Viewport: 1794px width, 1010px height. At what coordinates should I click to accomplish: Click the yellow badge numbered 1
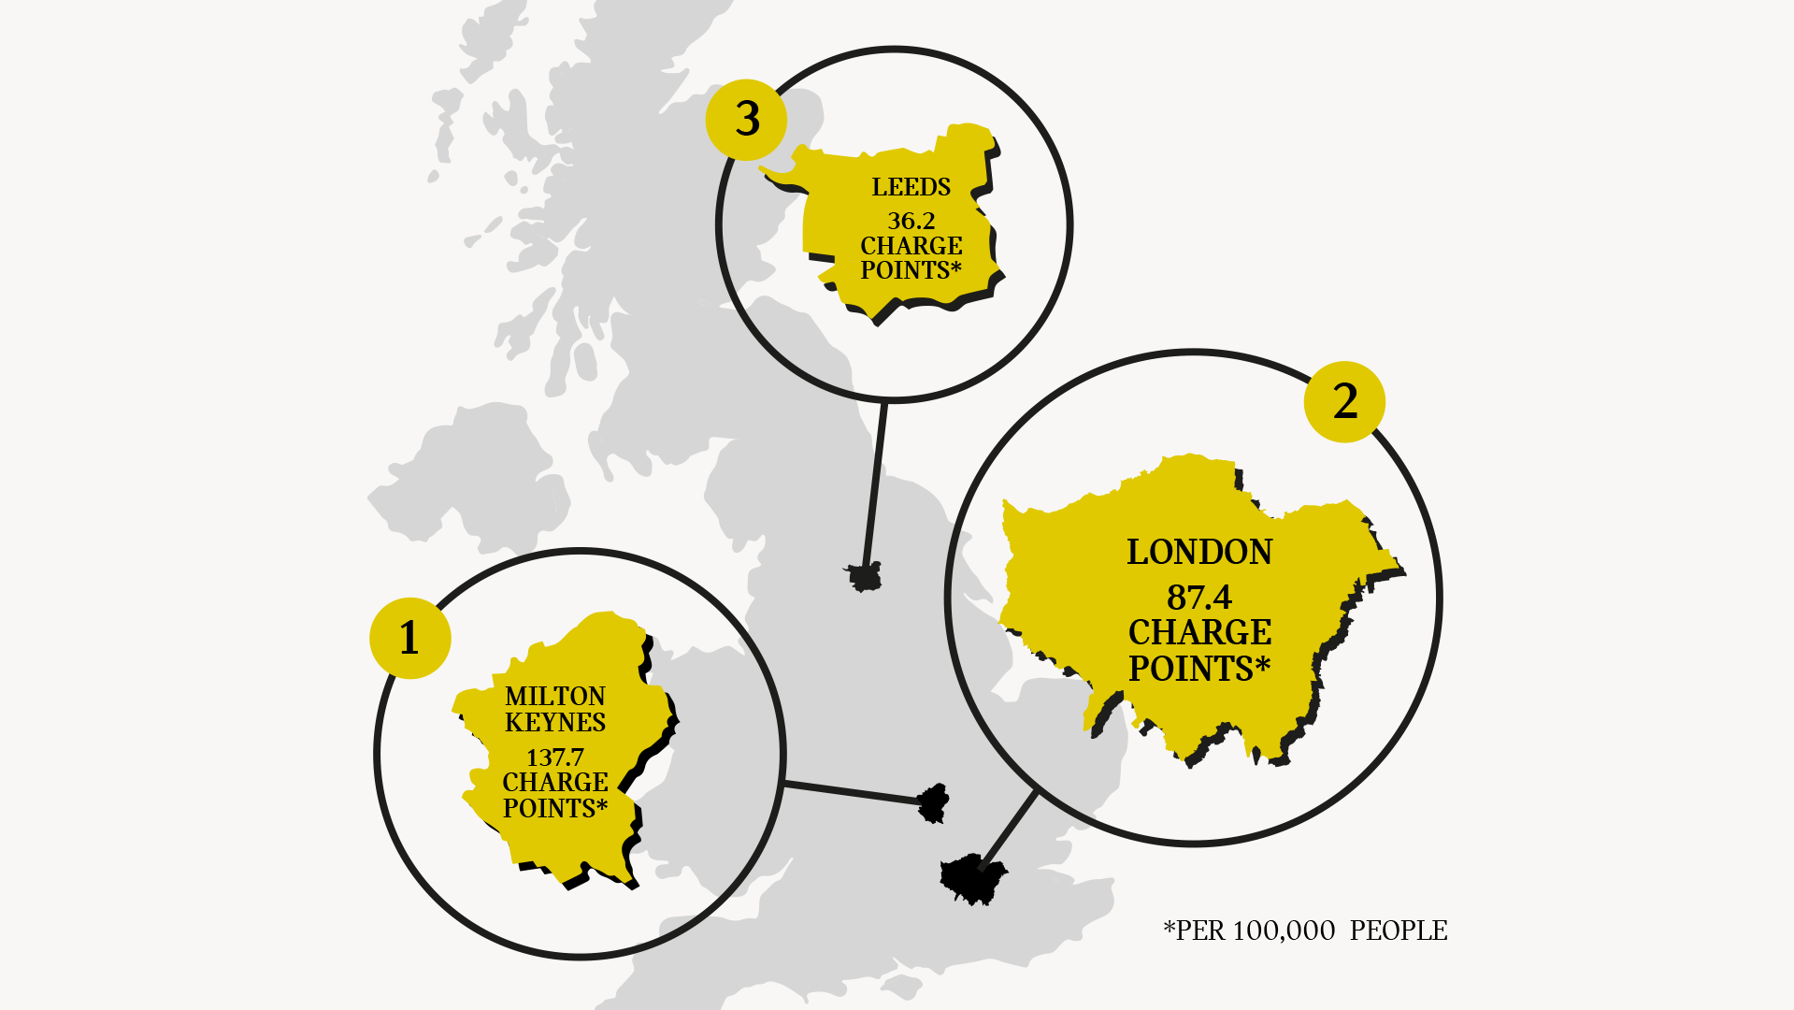[409, 638]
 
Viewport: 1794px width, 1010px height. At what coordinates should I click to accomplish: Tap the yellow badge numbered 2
[1344, 401]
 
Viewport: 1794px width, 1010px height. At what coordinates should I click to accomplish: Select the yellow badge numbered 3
[746, 119]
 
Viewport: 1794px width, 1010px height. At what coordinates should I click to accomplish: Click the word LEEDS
[911, 187]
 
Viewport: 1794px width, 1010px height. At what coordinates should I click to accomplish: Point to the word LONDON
[1199, 552]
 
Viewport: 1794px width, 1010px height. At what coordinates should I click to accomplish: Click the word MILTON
[555, 696]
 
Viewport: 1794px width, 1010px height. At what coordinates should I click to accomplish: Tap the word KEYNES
[555, 722]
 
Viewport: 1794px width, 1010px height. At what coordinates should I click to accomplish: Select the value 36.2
[911, 221]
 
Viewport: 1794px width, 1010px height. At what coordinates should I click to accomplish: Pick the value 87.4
[1199, 597]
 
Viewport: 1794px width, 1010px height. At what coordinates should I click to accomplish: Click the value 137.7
[555, 757]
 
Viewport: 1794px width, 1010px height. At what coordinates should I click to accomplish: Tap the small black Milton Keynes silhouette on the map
[933, 802]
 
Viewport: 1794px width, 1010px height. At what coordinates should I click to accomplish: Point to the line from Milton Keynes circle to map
[851, 792]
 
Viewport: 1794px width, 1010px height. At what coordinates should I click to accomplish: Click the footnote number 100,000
[1284, 931]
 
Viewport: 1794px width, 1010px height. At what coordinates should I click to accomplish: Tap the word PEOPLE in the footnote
[1399, 931]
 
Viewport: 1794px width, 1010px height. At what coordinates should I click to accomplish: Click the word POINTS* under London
[1199, 669]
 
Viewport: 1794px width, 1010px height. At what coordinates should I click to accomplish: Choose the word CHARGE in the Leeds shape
[911, 245]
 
